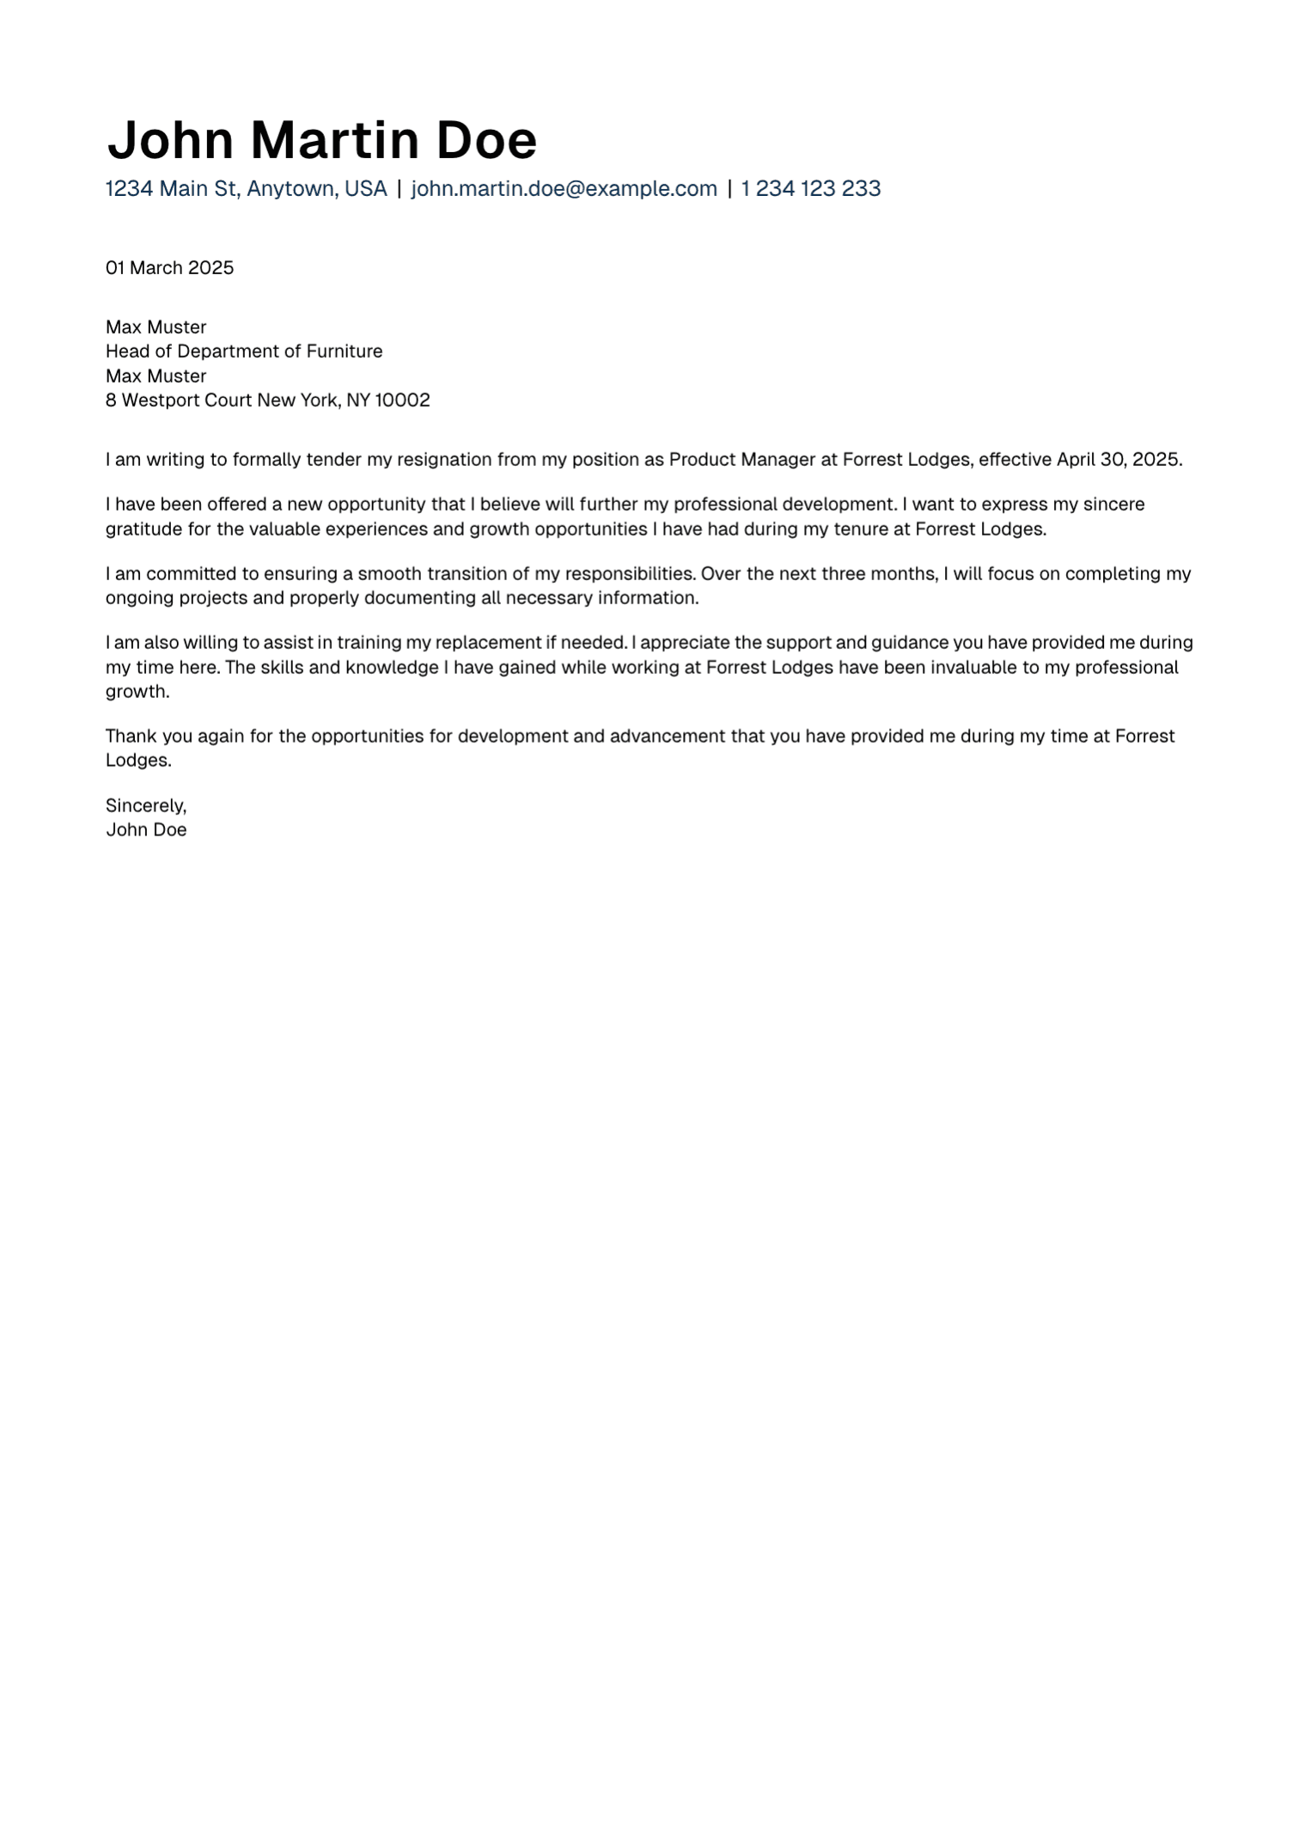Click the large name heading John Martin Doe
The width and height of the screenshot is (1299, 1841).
pos(321,140)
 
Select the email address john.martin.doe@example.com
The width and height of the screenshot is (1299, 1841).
pos(564,189)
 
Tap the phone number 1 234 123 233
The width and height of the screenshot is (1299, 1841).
pos(810,189)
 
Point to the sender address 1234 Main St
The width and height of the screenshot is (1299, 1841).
pos(171,189)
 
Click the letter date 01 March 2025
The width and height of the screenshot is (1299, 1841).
pos(169,268)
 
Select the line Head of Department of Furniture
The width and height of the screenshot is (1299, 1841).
pos(244,352)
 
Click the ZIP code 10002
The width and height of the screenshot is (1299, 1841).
pos(402,401)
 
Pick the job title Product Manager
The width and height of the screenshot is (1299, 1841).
pos(741,460)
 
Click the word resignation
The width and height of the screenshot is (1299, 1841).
pos(444,460)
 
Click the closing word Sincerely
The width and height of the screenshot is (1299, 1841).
pos(145,806)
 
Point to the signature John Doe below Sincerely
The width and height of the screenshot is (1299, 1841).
pos(146,830)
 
